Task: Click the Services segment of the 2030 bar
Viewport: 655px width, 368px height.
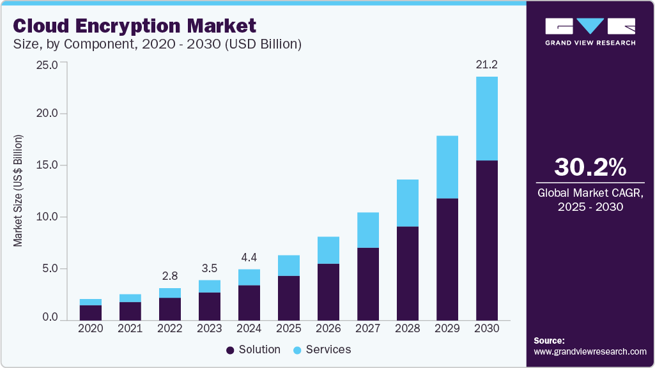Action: [x=486, y=118]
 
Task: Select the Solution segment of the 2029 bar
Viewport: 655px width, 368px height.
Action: [x=447, y=259]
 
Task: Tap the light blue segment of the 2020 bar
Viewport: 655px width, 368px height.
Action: [x=91, y=302]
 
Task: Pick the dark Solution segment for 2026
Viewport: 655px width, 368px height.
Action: [x=329, y=291]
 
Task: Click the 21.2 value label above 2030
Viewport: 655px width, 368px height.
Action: [x=486, y=64]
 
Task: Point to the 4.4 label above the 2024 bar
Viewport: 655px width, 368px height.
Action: [x=249, y=257]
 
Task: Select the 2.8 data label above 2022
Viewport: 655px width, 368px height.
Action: [x=170, y=277]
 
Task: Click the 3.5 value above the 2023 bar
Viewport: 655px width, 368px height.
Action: [x=210, y=268]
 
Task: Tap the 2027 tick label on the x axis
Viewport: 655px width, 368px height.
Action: [x=369, y=328]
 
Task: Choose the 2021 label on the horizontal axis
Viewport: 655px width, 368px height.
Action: [x=131, y=328]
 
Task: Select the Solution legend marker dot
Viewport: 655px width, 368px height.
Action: [x=230, y=350]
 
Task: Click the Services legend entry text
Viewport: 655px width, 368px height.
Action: [x=328, y=349]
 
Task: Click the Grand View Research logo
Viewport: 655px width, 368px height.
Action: [x=590, y=31]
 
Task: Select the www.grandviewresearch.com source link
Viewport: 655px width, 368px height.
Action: [x=590, y=351]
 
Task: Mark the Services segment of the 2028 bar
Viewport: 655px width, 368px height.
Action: [x=408, y=203]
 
